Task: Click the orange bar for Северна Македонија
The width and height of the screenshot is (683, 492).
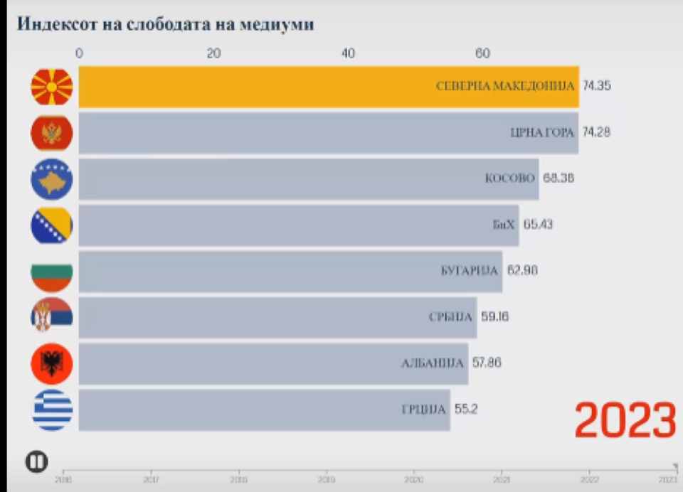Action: coord(327,87)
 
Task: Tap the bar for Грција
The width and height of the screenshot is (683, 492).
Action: coord(263,410)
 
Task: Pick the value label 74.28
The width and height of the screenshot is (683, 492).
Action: coord(597,132)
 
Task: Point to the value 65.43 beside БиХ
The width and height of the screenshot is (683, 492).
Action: coord(538,225)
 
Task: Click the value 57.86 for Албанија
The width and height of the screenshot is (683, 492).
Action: coord(487,363)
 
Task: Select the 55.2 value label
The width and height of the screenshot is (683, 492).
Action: coord(465,410)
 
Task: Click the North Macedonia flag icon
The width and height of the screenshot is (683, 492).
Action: coord(52,87)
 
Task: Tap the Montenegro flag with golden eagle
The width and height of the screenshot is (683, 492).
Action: coord(52,133)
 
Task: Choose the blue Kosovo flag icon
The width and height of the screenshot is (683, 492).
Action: coord(52,178)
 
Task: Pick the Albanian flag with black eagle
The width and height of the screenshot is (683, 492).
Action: coord(52,363)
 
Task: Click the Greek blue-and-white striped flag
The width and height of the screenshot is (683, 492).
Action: coord(52,410)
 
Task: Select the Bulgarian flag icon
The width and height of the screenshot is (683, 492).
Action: coord(52,271)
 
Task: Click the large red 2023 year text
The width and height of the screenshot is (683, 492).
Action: coord(625,421)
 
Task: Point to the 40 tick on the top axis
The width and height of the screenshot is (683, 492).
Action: coord(348,53)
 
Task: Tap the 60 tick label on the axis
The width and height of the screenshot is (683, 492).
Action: coord(482,53)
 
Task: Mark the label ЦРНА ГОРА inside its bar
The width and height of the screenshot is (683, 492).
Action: coord(542,132)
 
